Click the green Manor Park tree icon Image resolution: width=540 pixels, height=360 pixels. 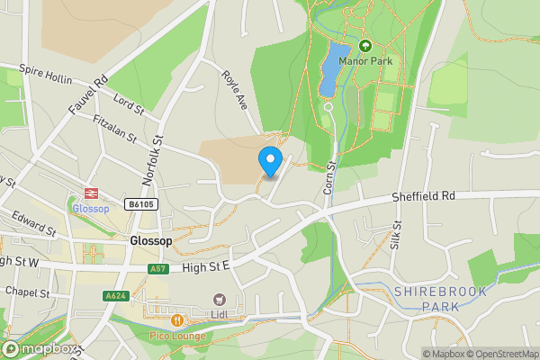click(364, 46)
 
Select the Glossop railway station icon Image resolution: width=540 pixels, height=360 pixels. click(90, 193)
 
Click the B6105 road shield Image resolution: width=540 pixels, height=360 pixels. click(141, 204)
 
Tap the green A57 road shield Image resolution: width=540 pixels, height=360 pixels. click(157, 268)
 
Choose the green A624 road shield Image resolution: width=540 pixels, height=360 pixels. click(114, 296)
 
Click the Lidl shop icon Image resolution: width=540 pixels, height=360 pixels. click(219, 300)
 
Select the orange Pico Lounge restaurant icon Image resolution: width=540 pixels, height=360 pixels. click(177, 319)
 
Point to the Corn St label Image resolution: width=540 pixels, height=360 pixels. click(329, 175)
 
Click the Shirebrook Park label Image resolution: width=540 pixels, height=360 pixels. click(439, 299)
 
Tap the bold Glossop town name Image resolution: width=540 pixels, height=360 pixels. click(149, 242)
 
